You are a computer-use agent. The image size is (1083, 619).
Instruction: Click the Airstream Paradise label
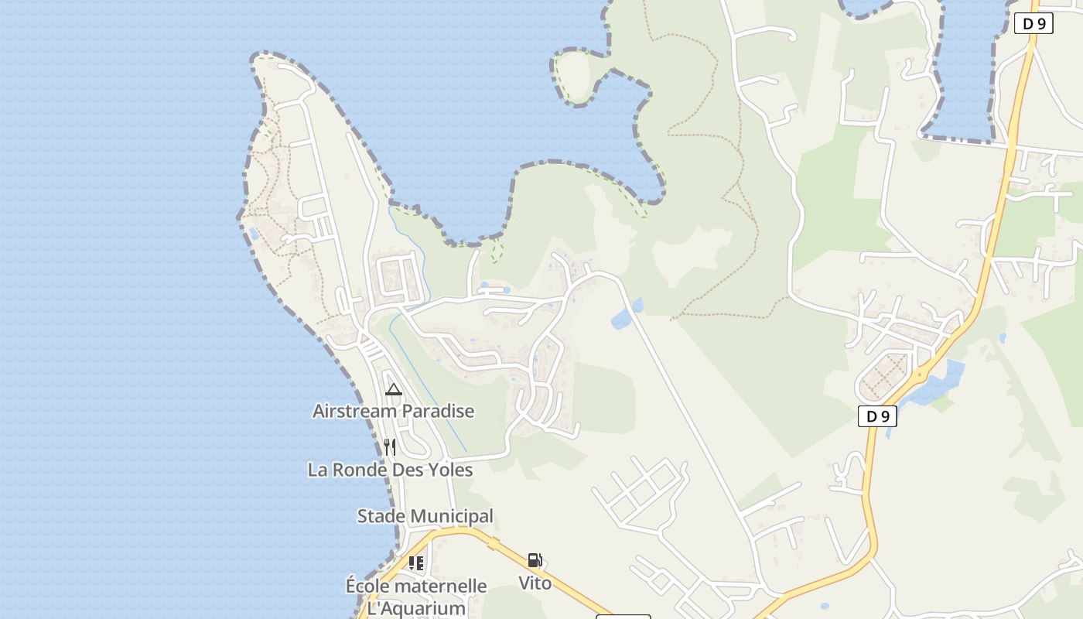[x=393, y=411]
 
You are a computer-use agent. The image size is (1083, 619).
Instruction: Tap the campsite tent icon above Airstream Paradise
[x=394, y=389]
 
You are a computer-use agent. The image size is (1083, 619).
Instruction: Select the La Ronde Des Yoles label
[x=390, y=470]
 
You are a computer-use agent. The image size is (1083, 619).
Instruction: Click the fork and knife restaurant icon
[x=390, y=447]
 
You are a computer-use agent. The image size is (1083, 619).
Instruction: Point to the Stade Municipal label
[x=425, y=516]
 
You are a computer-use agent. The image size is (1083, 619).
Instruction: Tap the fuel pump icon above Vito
[x=535, y=560]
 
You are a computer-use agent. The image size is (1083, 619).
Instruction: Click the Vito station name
[x=535, y=583]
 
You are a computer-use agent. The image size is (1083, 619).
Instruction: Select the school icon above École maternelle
[x=416, y=563]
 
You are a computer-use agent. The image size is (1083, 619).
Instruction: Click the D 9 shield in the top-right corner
[x=1033, y=23]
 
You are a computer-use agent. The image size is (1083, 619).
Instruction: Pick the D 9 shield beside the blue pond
[x=877, y=416]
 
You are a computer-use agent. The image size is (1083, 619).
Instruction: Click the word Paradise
[x=436, y=411]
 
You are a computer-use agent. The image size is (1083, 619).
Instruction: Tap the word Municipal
[x=456, y=516]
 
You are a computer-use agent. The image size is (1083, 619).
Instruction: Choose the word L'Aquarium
[x=415, y=608]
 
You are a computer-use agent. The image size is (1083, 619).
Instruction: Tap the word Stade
[x=380, y=516]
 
